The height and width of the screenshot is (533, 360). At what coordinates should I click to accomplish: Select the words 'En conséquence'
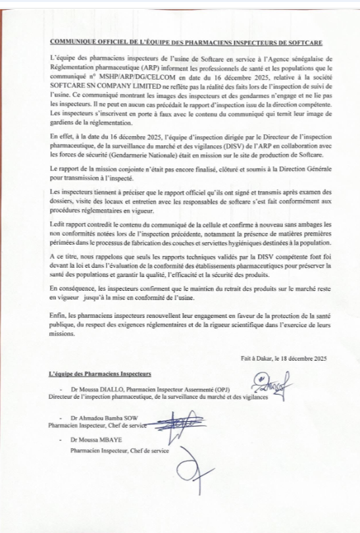coord(70,289)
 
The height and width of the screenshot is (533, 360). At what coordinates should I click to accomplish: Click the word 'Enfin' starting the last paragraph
coord(57,316)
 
